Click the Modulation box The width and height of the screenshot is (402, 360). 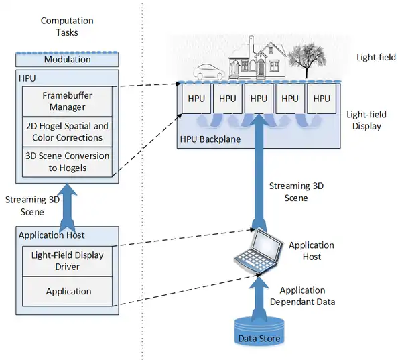pyautogui.click(x=67, y=60)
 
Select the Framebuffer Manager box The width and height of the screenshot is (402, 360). pyautogui.click(x=67, y=101)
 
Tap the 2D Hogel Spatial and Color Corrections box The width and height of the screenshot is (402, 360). pyautogui.click(x=67, y=131)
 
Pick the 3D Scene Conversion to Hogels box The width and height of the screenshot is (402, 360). pyautogui.click(x=67, y=162)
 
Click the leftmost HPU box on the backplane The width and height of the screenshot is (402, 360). pyautogui.click(x=196, y=98)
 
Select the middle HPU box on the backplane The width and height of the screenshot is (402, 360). pyautogui.click(x=259, y=98)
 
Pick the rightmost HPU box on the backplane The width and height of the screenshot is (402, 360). pyautogui.click(x=322, y=98)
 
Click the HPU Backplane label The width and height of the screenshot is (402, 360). pyautogui.click(x=210, y=140)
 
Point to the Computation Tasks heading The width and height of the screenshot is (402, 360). pyautogui.click(x=67, y=26)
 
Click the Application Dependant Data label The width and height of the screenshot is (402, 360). pyautogui.click(x=301, y=296)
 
